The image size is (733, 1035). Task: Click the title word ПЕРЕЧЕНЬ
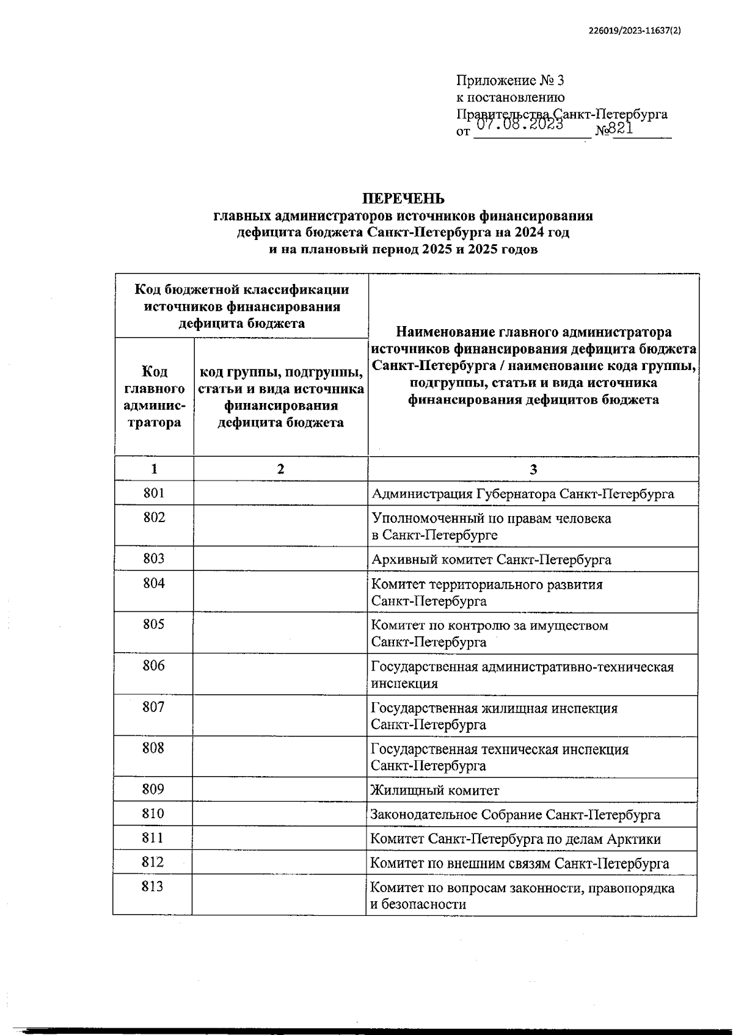403,199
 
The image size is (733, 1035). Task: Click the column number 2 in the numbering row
280,469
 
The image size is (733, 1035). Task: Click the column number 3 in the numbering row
533,469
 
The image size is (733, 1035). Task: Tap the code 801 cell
154,493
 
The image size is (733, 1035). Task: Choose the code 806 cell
154,666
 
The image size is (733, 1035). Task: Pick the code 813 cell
153,886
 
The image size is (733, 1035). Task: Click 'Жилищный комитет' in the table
435,790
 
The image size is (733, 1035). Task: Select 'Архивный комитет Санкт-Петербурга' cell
491,559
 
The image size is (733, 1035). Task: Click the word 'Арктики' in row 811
633,839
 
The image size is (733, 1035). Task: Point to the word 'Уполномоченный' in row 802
420,518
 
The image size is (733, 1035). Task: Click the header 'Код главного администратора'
154,397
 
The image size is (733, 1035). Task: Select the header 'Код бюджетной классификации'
242,290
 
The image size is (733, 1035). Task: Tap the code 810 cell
153,813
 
